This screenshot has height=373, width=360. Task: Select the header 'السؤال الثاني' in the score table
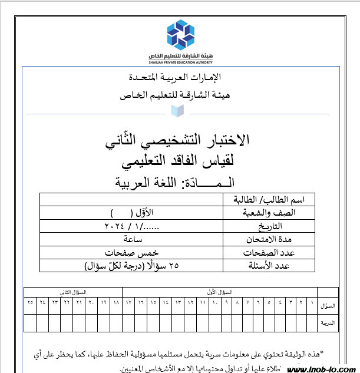(73, 292)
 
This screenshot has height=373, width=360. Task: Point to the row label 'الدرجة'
(329, 323)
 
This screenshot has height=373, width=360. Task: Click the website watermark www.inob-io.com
(321, 368)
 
